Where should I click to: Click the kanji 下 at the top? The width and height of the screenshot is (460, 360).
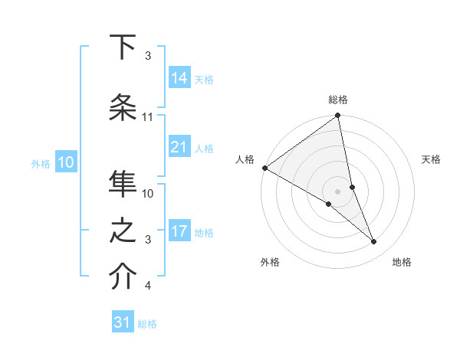122,47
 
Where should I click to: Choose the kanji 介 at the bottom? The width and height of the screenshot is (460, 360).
122,278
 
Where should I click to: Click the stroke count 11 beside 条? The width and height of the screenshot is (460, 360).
148,117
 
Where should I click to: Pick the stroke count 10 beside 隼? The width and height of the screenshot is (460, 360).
148,194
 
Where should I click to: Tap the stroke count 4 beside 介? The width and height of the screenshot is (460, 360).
148,286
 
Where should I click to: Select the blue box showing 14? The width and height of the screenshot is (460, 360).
179,78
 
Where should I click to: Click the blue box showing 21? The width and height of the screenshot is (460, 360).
179,147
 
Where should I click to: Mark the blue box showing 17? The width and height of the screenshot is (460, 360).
179,231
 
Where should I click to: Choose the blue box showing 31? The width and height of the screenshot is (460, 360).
123,323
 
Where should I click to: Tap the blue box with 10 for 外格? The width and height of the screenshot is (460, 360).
65,162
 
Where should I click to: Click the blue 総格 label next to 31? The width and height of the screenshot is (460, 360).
147,324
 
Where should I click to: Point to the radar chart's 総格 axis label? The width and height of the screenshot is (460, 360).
338,100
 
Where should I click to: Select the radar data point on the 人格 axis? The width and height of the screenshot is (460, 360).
264,168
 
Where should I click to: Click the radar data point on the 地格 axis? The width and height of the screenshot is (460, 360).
374,242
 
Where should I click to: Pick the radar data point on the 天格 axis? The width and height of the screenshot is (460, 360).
352,187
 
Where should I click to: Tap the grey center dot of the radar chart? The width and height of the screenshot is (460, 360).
337,191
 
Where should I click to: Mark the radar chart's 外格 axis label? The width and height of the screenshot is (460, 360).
270,262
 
